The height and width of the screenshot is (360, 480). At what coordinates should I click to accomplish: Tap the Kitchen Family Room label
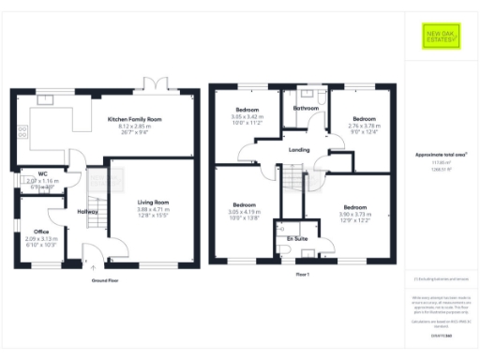coord(134,119)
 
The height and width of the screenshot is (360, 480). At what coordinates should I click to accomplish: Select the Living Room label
coord(154,202)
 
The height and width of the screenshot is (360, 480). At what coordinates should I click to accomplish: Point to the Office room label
coord(40,231)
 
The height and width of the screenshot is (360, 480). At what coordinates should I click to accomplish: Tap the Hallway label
coord(87,212)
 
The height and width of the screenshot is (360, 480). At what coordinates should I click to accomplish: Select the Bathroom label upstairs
coord(306,110)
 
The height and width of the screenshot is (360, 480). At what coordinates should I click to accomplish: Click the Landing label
coord(299,149)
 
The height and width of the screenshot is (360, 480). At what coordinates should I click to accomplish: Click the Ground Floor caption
coord(105,280)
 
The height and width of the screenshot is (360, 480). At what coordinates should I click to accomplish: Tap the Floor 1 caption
coord(302,275)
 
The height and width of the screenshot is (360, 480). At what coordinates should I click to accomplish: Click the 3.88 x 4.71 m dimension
coord(154,209)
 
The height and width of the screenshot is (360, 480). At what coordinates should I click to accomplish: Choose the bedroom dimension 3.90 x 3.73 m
coord(355,213)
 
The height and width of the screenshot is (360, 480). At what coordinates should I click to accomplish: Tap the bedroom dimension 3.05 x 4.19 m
coord(245,211)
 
